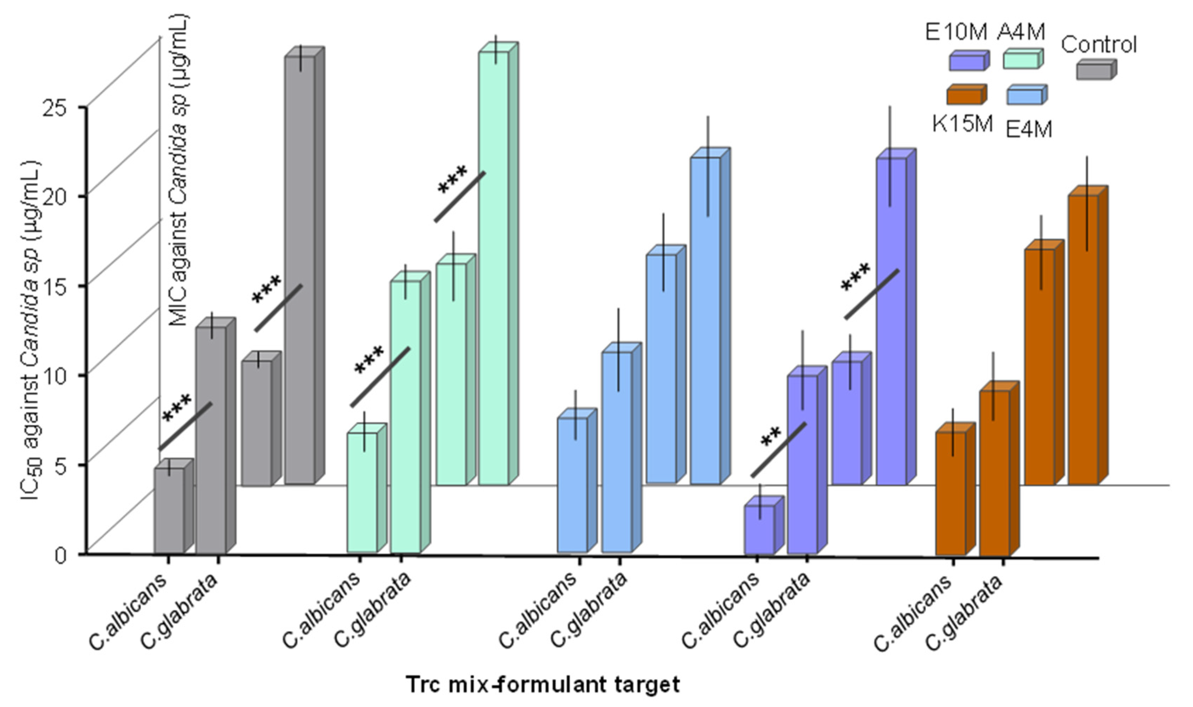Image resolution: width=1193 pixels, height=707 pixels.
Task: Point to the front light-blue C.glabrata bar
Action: pyautogui.click(x=617, y=453)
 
